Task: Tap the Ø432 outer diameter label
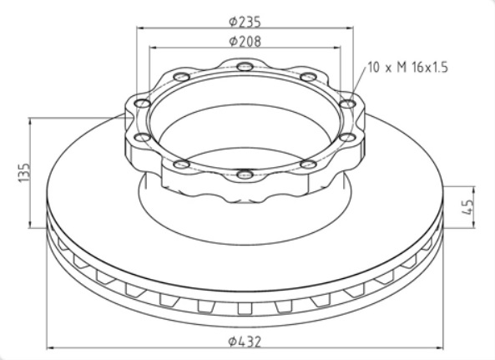click(247, 340)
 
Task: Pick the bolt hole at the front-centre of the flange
click(245, 175)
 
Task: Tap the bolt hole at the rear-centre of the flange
click(244, 67)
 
